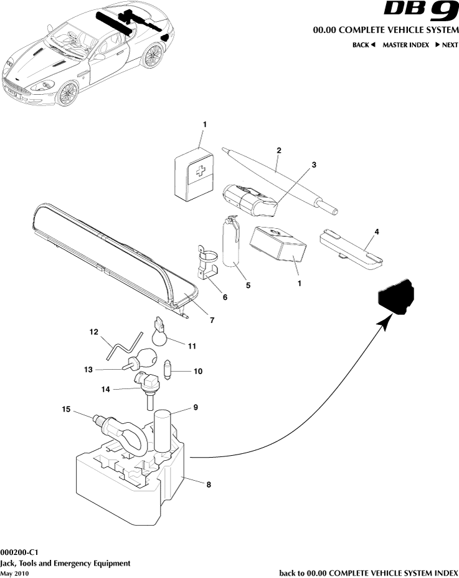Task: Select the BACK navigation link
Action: [364, 45]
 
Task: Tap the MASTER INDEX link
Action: [405, 45]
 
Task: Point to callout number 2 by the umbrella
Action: [278, 150]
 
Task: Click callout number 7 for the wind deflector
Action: [212, 320]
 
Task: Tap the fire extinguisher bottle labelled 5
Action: [232, 244]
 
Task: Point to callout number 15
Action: [65, 409]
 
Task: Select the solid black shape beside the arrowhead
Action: [396, 296]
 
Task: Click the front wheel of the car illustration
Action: [66, 94]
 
